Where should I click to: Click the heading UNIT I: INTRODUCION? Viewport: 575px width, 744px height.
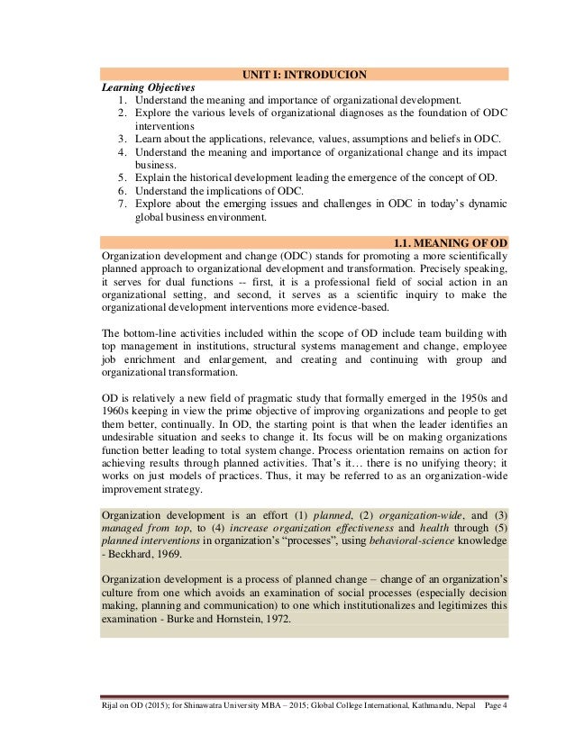[305, 74]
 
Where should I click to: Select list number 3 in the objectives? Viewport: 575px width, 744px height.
[122, 139]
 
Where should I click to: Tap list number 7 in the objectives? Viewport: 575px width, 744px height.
[122, 204]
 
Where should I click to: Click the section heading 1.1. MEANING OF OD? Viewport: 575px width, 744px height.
[451, 242]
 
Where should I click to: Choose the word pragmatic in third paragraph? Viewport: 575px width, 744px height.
[239, 396]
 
